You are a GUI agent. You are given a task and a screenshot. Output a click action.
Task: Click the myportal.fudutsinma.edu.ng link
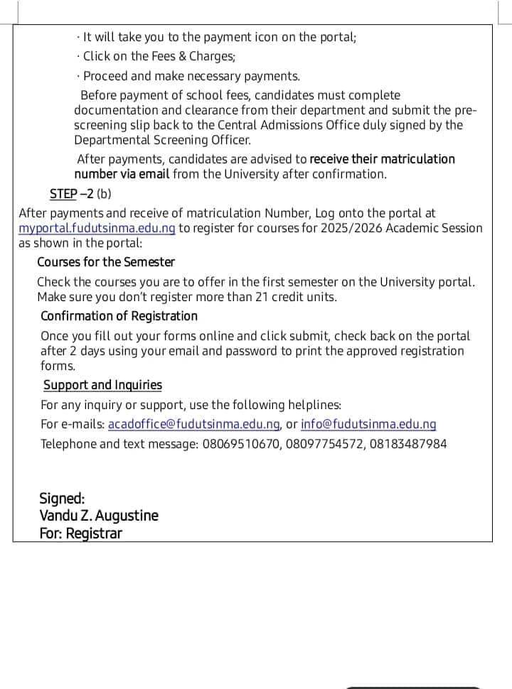coord(97,228)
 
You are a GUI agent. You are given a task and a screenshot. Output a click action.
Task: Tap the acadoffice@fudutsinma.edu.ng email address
coord(194,425)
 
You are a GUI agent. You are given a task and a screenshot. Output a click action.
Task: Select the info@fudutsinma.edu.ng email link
coord(368,425)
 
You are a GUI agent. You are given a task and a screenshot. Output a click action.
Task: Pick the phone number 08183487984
coord(408,445)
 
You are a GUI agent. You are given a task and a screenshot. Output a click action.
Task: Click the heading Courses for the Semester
coord(106,262)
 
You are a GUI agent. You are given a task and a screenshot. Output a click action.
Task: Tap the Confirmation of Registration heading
coord(119,316)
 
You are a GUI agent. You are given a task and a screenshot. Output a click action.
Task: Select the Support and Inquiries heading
coord(102,385)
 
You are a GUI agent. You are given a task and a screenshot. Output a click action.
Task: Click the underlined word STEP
coord(63,194)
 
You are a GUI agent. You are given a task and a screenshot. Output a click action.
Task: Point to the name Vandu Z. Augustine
coord(99,516)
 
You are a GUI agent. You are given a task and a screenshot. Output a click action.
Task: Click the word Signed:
coord(62,499)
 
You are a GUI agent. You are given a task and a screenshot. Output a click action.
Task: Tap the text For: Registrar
coord(80,533)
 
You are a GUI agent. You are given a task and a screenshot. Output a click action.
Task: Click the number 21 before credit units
coord(261,297)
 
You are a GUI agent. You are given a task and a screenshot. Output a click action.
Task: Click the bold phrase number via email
coord(122,174)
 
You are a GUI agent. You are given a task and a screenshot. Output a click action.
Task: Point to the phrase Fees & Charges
coord(188,56)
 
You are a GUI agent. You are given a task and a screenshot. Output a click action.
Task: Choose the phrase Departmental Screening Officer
coord(162,140)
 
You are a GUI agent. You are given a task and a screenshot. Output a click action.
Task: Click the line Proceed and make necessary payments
coord(191,76)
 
